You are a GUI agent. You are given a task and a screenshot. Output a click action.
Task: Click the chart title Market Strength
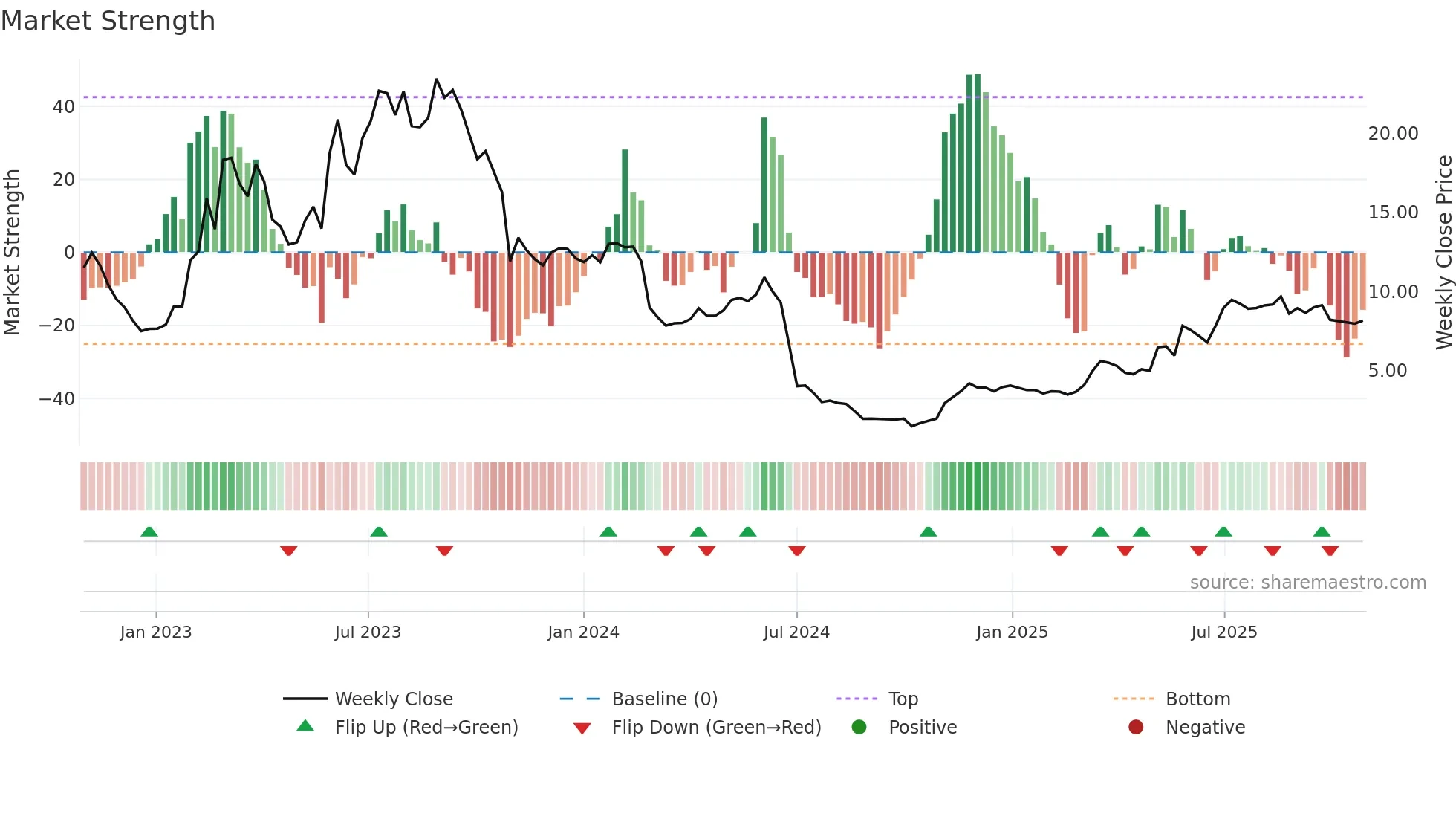click(x=108, y=21)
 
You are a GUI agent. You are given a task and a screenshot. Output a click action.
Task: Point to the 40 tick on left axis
click(x=64, y=106)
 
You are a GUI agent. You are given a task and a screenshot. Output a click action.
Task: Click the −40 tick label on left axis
click(x=57, y=398)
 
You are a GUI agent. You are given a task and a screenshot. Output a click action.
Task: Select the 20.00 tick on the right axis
click(x=1393, y=134)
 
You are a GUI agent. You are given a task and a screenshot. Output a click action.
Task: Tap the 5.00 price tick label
click(x=1387, y=371)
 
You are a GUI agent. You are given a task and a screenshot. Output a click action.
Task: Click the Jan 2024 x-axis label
click(x=583, y=632)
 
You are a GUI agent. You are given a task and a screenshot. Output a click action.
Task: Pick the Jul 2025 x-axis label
click(x=1223, y=632)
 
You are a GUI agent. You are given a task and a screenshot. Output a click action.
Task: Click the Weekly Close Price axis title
click(x=1443, y=252)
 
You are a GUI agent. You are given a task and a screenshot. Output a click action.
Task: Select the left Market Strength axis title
click(x=12, y=252)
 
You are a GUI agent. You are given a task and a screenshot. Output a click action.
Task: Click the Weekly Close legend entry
click(x=393, y=699)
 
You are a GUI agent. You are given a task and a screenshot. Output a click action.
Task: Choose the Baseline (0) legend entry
click(x=664, y=699)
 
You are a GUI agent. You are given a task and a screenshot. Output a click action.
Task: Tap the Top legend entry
click(x=903, y=699)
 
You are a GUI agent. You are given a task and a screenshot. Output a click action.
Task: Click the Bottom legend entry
click(x=1197, y=699)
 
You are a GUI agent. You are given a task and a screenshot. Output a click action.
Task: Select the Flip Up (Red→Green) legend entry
click(x=426, y=728)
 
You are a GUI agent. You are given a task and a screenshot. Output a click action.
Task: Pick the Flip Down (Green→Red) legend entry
click(x=716, y=728)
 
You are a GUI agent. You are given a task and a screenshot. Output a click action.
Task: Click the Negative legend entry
click(x=1204, y=728)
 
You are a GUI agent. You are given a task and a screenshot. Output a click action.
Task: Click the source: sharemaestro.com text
click(x=1307, y=583)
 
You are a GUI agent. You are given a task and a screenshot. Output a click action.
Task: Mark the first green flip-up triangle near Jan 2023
click(x=149, y=531)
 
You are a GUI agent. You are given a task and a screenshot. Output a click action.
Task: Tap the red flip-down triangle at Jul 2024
click(x=797, y=551)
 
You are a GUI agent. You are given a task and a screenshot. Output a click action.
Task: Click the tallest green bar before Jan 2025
click(x=978, y=164)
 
